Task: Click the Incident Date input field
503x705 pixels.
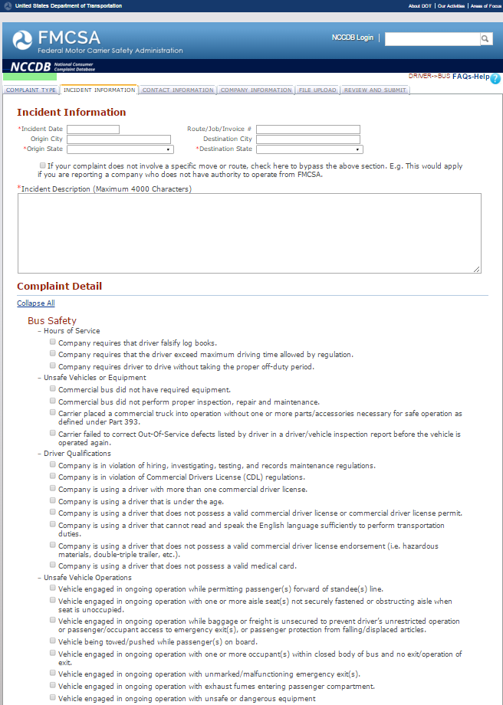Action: tap(93, 130)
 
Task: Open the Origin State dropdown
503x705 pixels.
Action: tap(120, 149)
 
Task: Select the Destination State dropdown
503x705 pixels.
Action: tap(310, 149)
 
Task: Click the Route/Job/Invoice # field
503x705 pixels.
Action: tap(308, 130)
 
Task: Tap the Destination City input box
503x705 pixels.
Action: tap(308, 139)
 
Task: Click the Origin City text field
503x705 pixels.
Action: tap(119, 139)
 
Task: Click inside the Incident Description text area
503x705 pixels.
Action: tap(249, 233)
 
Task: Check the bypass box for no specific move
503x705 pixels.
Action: tap(42, 166)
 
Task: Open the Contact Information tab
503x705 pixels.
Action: tap(178, 90)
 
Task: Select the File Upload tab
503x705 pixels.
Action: tap(317, 90)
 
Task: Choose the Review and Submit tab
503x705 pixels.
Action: tap(375, 90)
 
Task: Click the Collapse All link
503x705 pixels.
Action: tap(36, 303)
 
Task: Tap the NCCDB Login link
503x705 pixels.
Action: tap(353, 38)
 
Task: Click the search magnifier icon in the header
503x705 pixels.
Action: tap(486, 38)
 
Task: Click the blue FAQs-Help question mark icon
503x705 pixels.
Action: tap(495, 78)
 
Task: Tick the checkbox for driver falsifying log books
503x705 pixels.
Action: tap(53, 343)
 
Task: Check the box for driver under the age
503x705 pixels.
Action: tap(53, 500)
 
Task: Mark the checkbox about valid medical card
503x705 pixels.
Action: tap(53, 566)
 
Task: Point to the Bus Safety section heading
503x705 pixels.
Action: tap(52, 320)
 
